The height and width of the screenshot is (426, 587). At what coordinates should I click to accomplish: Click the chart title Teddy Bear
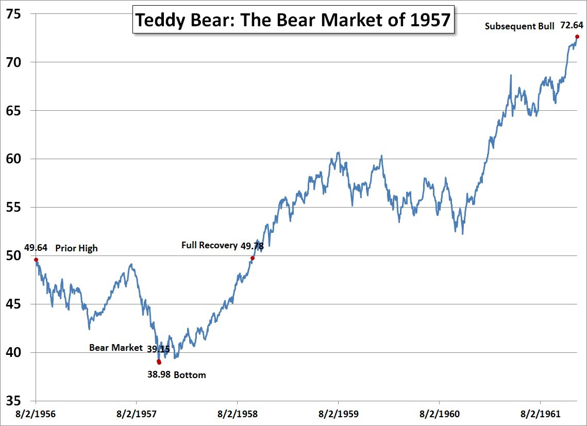click(293, 20)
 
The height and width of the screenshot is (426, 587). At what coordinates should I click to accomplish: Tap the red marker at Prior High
click(36, 260)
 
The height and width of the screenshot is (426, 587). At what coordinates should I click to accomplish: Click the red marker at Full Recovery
click(253, 258)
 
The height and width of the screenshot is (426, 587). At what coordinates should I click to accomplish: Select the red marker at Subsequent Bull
click(577, 37)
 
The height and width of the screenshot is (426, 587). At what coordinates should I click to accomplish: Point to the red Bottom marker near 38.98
click(159, 362)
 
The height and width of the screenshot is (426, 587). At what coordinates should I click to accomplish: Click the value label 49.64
click(36, 248)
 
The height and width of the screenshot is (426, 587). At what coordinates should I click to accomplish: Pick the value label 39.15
click(158, 349)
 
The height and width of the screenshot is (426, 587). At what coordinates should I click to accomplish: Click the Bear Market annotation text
click(115, 348)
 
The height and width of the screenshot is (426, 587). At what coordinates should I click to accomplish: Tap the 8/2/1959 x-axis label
click(338, 414)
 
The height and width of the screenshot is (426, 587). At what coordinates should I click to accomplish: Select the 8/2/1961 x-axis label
click(540, 414)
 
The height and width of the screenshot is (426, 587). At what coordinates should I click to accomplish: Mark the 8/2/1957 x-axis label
click(137, 414)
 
